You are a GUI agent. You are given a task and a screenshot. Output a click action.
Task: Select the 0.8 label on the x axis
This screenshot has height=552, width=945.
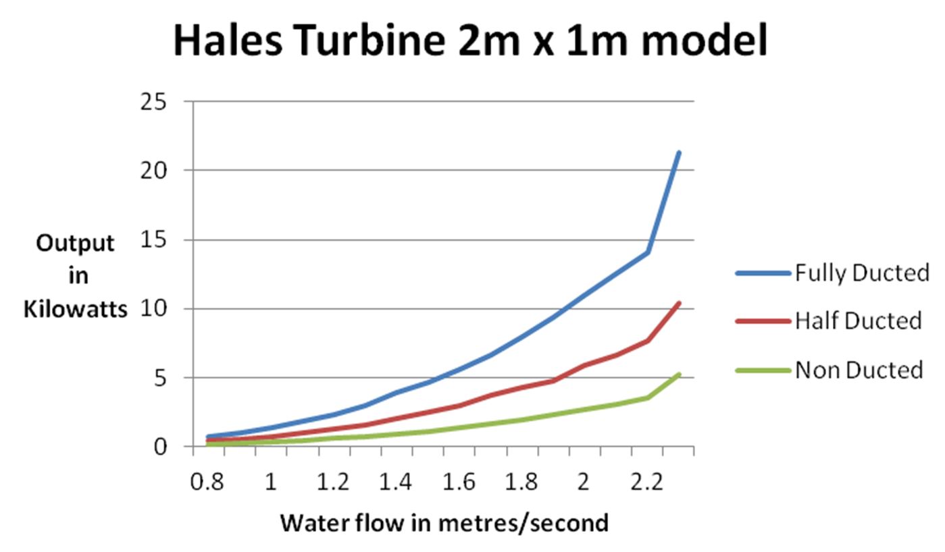pyautogui.click(x=207, y=482)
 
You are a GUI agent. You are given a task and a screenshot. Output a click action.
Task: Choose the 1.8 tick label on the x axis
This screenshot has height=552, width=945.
pyautogui.click(x=521, y=482)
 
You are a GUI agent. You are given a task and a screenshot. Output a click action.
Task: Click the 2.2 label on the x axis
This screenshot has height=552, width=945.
pyautogui.click(x=646, y=482)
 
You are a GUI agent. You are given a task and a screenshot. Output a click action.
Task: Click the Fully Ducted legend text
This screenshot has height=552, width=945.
pyautogui.click(x=862, y=273)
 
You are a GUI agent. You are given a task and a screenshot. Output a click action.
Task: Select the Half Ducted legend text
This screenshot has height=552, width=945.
pyautogui.click(x=858, y=321)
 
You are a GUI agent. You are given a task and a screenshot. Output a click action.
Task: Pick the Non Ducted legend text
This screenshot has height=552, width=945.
pyautogui.click(x=859, y=369)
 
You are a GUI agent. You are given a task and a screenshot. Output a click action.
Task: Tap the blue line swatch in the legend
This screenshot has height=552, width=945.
pyautogui.click(x=763, y=273)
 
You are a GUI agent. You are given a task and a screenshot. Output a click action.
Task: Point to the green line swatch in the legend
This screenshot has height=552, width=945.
pyautogui.click(x=763, y=369)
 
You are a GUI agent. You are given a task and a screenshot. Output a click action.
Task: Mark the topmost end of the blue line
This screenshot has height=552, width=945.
pyautogui.click(x=679, y=153)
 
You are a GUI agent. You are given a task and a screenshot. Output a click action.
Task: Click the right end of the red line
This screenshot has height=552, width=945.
pyautogui.click(x=679, y=303)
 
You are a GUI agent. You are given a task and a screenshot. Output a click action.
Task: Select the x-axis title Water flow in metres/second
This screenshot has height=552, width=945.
pyautogui.click(x=444, y=522)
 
